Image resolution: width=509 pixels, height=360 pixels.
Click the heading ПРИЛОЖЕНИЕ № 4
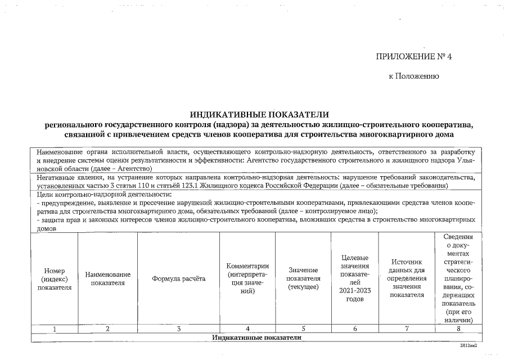tap(414, 57)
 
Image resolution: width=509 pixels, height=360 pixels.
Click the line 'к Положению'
tap(413, 76)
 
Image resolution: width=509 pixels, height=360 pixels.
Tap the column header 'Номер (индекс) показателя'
tap(55, 278)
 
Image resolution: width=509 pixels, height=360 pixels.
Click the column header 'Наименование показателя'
tap(108, 278)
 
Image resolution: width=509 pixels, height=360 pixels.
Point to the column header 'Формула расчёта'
tap(178, 278)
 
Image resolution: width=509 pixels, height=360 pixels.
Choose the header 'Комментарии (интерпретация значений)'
tap(247, 278)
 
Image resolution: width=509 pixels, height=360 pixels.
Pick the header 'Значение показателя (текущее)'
tap(303, 278)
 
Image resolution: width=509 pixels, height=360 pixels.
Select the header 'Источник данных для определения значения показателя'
tap(407, 278)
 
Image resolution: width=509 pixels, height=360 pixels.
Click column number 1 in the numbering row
tap(55, 329)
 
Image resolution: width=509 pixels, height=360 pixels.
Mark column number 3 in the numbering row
tap(178, 329)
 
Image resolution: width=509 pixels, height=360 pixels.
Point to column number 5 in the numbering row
tap(303, 329)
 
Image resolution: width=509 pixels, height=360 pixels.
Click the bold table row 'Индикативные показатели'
tap(256, 337)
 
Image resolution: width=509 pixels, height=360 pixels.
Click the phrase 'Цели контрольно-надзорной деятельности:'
tap(103, 194)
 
